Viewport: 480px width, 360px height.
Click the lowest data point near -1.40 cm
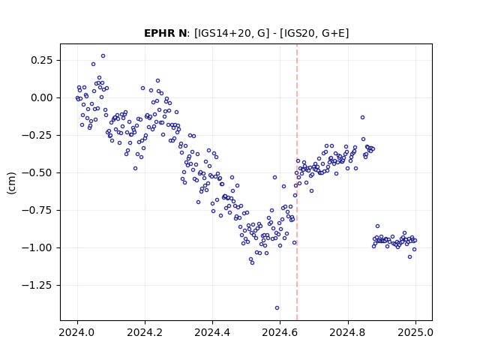click(277, 308)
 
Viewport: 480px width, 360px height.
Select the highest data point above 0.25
click(103, 56)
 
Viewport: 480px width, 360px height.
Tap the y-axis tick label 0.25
click(42, 60)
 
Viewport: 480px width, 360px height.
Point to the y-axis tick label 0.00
click(42, 98)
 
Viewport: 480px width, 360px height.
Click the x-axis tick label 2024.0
click(77, 332)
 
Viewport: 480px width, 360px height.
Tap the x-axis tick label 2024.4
click(212, 332)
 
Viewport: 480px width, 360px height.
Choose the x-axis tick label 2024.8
click(348, 332)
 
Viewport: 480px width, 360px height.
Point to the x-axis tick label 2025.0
click(415, 332)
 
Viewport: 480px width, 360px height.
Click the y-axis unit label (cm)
click(11, 183)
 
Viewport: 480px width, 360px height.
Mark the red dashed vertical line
click(297, 182)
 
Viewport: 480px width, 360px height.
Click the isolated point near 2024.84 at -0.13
click(362, 118)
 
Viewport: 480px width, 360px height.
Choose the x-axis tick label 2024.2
click(145, 332)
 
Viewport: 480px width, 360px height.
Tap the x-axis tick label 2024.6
click(280, 332)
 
